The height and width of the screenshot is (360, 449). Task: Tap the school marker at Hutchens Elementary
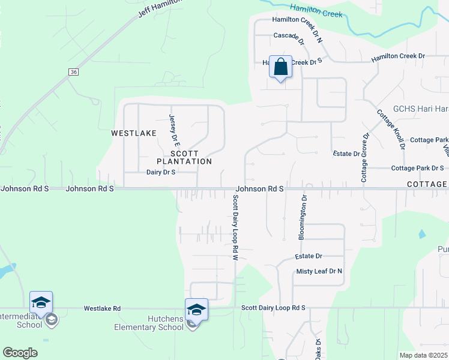[196, 310]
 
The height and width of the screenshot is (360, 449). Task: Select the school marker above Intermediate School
[41, 302]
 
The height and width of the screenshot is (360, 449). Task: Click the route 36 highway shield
[73, 72]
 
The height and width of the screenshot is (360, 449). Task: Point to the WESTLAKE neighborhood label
[133, 133]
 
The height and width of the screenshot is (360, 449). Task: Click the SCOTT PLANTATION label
[184, 157]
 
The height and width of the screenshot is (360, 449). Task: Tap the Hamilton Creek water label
[315, 10]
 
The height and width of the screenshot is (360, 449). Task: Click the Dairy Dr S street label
[161, 172]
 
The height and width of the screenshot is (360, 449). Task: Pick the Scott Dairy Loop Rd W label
[236, 227]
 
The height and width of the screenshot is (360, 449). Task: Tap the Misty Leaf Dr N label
[319, 271]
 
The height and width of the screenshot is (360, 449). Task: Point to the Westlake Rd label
[102, 308]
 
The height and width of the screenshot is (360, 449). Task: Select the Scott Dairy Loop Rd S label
[273, 308]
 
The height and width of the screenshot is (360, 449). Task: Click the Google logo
[20, 353]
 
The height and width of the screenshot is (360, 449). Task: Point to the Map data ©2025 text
[423, 355]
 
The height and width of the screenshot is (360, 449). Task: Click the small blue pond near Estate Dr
[421, 233]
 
